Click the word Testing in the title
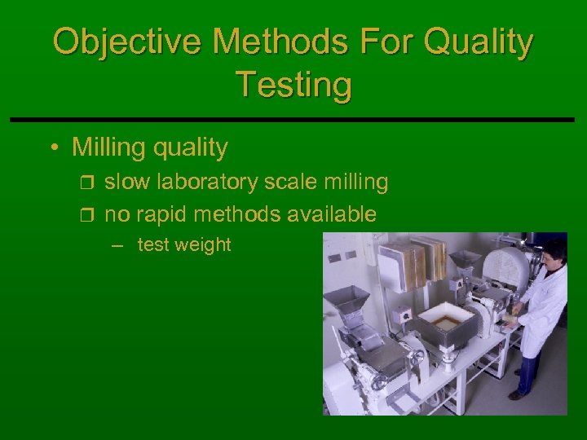click(x=293, y=84)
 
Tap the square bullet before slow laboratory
click(x=89, y=183)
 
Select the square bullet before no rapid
click(x=89, y=215)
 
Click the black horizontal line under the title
click(x=293, y=120)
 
